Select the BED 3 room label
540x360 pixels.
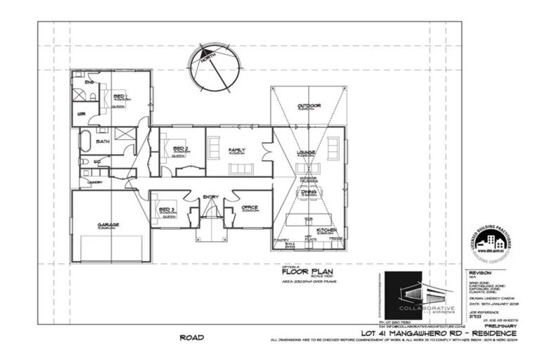coord(167,210)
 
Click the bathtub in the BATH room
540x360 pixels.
coord(85,142)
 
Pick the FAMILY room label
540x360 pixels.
coord(236,150)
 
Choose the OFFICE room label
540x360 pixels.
coord(250,207)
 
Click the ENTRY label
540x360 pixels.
coord(210,197)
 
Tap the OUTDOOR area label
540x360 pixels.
coord(309,105)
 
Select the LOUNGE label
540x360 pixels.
coord(305,151)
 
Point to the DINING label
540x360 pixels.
coord(309,191)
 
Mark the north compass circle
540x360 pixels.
coord(214,68)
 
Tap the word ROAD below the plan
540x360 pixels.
coord(191,338)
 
